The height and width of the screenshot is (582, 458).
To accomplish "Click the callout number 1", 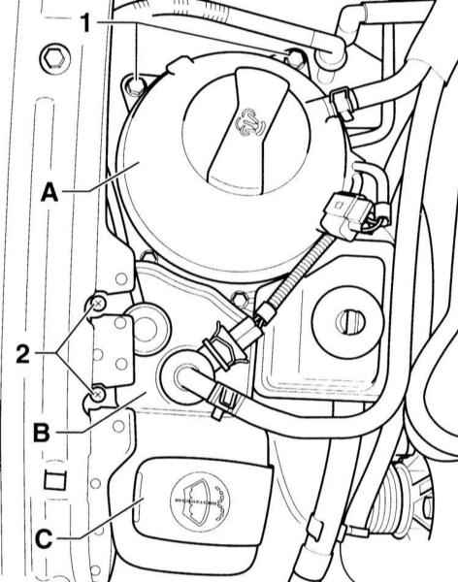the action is click(85, 23).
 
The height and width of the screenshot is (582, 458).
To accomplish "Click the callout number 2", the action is click(23, 353).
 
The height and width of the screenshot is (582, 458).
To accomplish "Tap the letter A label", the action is click(49, 192).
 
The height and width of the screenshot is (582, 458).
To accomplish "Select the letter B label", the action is click(41, 432).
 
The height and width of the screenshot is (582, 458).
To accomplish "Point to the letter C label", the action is click(44, 538).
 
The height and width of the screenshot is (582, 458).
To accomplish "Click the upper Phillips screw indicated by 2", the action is click(98, 305).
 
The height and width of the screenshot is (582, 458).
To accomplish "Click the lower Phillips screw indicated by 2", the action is click(98, 395).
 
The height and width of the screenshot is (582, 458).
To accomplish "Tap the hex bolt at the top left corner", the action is click(54, 59).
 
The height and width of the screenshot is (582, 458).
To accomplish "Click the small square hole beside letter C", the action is click(55, 481).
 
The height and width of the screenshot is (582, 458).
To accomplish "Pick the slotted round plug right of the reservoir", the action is click(347, 321).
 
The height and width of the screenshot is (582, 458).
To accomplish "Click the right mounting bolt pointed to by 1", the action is click(296, 57).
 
